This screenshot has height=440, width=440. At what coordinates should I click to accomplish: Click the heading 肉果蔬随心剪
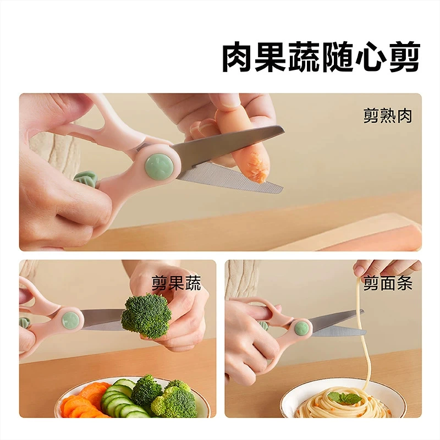(321, 58)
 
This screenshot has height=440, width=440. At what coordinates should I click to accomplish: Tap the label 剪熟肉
(388, 116)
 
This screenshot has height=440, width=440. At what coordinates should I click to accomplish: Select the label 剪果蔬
(176, 283)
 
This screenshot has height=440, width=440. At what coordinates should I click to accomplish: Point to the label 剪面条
(388, 283)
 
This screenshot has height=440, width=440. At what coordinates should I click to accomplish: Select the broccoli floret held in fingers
(146, 315)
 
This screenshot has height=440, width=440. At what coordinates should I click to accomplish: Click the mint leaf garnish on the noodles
(344, 398)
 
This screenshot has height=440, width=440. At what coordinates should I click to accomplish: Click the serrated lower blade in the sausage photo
(230, 177)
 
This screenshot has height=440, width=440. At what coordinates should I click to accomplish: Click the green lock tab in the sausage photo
(85, 180)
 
